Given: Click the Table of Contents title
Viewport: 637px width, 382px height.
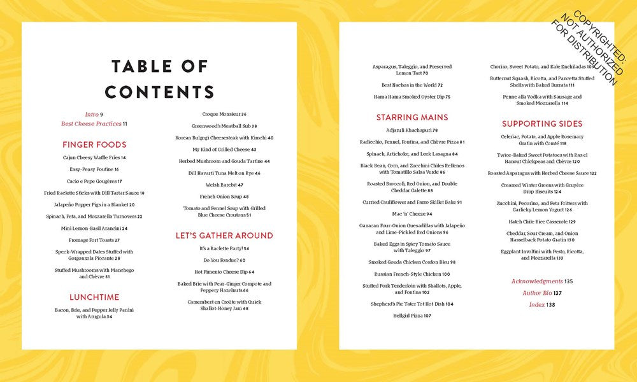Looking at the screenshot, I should click(x=159, y=79).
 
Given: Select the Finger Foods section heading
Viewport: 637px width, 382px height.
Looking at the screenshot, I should click(x=94, y=145).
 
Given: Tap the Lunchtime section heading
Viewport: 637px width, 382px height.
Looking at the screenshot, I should click(x=94, y=297).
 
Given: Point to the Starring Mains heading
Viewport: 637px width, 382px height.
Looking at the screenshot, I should click(x=412, y=117).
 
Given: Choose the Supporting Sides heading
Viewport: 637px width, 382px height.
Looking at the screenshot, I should click(x=542, y=124).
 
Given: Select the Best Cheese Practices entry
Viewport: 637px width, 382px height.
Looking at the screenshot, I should click(x=94, y=124).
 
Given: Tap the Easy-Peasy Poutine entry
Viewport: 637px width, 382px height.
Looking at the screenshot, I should click(x=94, y=169).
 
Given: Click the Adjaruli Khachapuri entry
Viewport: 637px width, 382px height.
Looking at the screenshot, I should click(x=412, y=130).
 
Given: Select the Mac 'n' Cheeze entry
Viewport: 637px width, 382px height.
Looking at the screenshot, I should click(x=412, y=214).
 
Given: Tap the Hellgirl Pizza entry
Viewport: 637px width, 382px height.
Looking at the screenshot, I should click(x=412, y=316).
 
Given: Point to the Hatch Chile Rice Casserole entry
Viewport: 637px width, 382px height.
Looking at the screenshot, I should click(x=542, y=222).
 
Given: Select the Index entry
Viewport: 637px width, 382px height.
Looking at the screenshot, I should click(x=542, y=305).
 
